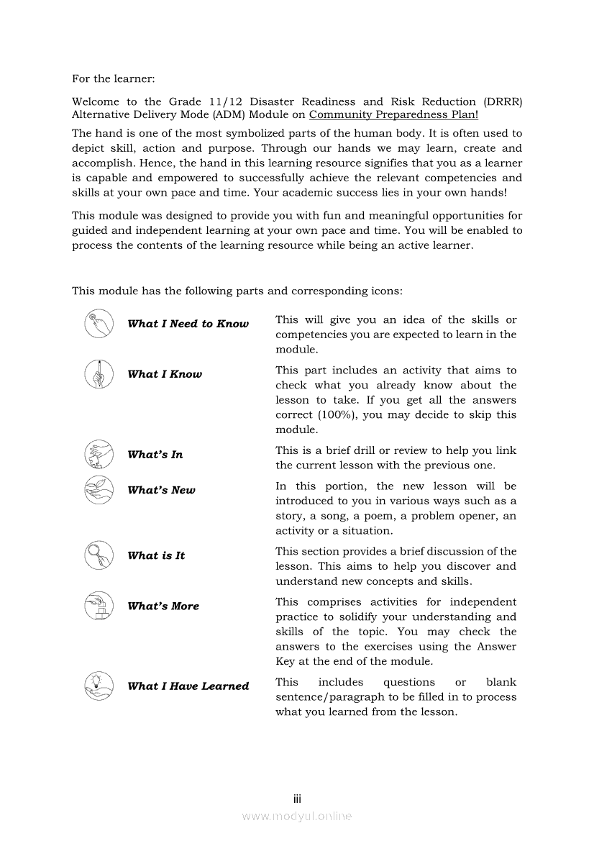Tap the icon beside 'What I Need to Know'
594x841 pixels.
point(99,324)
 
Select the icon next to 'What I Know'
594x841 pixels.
point(99,374)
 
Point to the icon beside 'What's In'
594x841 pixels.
point(99,455)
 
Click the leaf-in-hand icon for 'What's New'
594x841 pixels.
point(99,490)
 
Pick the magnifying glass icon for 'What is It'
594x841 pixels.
point(99,555)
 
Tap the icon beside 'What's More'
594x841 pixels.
point(99,606)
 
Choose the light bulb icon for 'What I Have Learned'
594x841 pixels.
point(99,686)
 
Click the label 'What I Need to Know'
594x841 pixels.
point(188,324)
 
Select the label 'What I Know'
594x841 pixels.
point(165,374)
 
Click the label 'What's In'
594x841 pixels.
point(155,455)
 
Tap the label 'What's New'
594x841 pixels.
point(161,490)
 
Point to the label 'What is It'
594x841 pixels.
point(156,555)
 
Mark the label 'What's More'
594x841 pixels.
point(163,606)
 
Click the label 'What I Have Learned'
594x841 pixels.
point(188,686)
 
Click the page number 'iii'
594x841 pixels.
point(297,799)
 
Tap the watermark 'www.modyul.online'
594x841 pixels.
point(297,816)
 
